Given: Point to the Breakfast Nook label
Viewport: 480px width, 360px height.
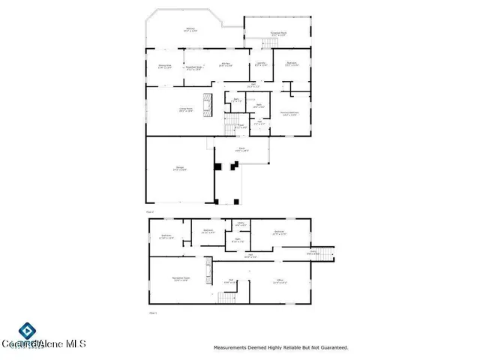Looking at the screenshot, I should click(x=196, y=67).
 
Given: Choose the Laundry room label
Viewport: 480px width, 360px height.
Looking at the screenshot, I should click(x=260, y=64).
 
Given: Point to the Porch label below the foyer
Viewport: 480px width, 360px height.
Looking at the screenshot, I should click(x=242, y=149).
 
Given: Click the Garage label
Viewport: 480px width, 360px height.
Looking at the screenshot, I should click(x=180, y=170).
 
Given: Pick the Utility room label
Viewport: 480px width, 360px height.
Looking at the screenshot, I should click(x=241, y=223).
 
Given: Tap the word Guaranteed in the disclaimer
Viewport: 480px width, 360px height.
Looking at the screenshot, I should click(x=331, y=347).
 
